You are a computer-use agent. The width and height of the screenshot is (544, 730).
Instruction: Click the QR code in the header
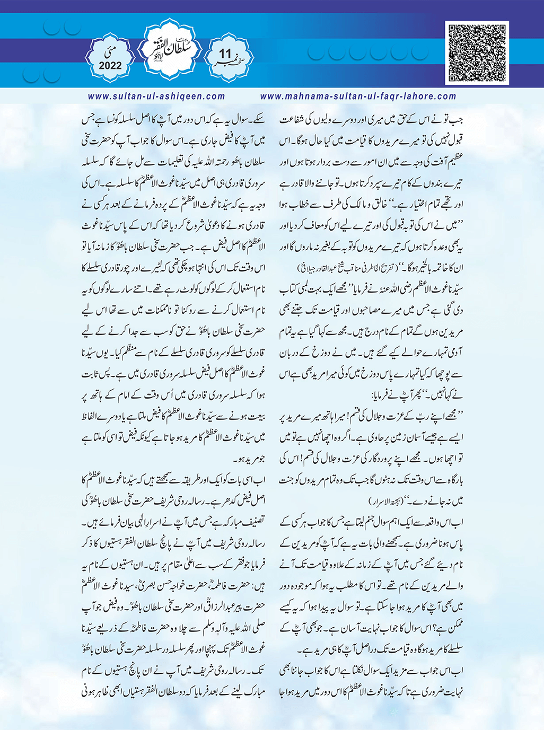(x=477, y=52)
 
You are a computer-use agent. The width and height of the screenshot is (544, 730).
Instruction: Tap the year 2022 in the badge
(x=110, y=66)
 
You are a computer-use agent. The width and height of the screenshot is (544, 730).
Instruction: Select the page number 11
(x=225, y=55)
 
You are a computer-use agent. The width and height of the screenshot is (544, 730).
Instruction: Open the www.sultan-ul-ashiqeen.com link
(x=156, y=96)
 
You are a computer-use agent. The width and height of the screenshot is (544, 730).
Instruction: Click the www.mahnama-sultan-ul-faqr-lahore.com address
(x=358, y=96)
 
